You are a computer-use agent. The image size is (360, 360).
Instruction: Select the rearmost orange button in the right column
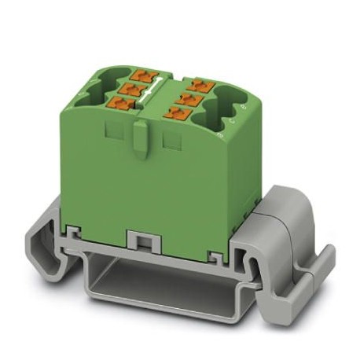(197, 83)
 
